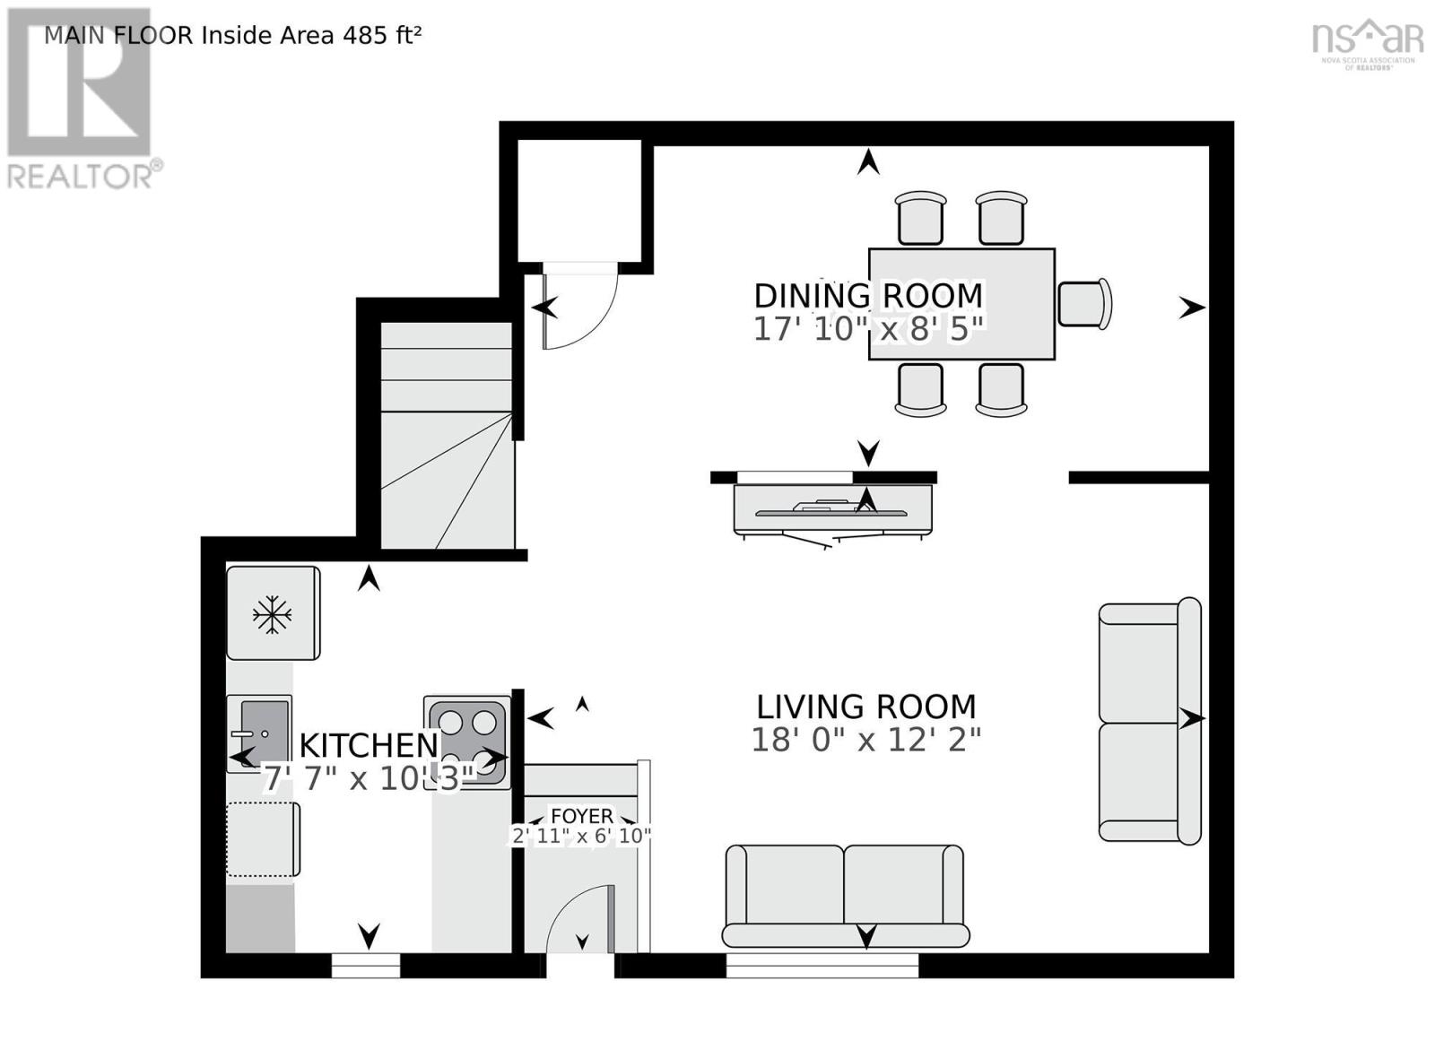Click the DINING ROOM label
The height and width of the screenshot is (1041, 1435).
click(867, 296)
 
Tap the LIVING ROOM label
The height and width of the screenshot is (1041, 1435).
click(865, 707)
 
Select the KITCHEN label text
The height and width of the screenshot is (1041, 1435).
click(368, 745)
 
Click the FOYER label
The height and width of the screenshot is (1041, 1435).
click(582, 816)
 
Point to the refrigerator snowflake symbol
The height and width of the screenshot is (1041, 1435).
click(272, 615)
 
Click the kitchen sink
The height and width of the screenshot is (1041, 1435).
click(259, 733)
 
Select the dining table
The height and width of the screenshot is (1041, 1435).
click(961, 304)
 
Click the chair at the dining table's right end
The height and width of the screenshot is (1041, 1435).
click(1083, 304)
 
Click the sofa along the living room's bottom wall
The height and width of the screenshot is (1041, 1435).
click(845, 895)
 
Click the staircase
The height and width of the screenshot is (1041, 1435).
click(447, 435)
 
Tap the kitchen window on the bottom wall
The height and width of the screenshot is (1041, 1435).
click(365, 965)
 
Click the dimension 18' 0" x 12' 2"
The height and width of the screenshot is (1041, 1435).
click(865, 740)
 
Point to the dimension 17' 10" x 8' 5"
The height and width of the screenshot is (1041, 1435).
click(867, 329)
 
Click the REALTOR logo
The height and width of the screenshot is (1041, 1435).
click(81, 99)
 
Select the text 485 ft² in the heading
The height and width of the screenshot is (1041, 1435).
click(381, 35)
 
